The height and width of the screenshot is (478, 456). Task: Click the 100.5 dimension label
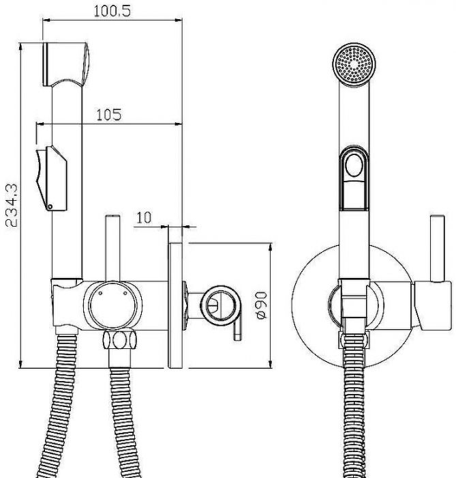(x=112, y=11)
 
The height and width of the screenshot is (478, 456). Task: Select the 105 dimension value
(x=109, y=115)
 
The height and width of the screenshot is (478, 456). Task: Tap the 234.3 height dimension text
(x=12, y=205)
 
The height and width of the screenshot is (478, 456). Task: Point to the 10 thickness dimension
(x=144, y=217)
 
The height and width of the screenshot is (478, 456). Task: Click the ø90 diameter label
(x=262, y=305)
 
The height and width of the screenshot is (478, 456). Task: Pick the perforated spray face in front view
(x=354, y=63)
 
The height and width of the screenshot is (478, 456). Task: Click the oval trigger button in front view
(x=354, y=165)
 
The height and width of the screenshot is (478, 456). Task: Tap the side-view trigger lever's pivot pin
(x=50, y=207)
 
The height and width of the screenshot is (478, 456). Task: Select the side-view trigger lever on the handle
(x=51, y=178)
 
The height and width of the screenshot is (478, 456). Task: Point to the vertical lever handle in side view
(x=112, y=248)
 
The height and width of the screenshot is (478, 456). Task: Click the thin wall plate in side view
(x=176, y=305)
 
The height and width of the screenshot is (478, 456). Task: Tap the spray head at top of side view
(x=65, y=64)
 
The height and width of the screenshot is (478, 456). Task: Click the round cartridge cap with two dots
(x=112, y=305)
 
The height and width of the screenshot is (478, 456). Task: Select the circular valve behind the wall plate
(x=221, y=305)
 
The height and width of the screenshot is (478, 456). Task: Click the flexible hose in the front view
(x=354, y=406)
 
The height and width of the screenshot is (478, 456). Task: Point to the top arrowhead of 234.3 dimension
(x=20, y=46)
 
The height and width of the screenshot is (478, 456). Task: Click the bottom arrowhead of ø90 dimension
(x=270, y=364)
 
